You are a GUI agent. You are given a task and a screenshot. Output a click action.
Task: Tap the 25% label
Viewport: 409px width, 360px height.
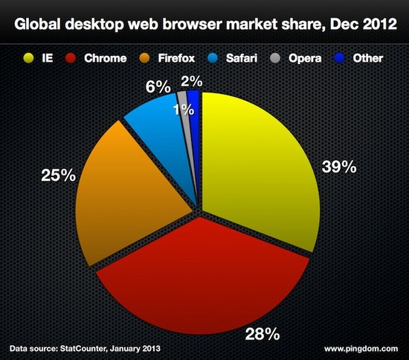[59, 176]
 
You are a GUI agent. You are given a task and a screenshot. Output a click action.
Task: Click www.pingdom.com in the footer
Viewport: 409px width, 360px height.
[360, 347]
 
